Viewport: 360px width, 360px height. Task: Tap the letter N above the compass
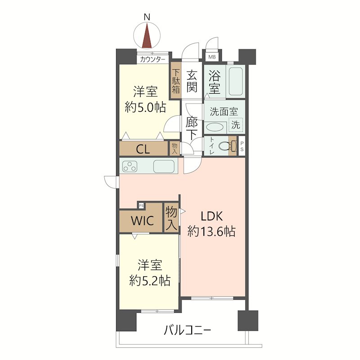click(147, 17)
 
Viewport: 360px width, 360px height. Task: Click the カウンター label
click(153, 60)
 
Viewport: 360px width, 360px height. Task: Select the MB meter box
click(212, 57)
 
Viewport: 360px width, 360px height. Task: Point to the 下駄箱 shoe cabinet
click(175, 81)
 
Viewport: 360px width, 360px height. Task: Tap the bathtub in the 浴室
click(235, 81)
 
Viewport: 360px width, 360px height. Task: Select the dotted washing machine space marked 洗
click(236, 125)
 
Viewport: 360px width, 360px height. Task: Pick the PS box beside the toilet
click(242, 146)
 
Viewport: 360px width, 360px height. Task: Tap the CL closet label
click(143, 149)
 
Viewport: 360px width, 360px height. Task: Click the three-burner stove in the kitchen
click(130, 166)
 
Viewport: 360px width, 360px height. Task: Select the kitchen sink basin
click(164, 166)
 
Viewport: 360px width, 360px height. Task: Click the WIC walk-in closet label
click(142, 220)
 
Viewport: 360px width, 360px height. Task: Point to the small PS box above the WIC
click(141, 205)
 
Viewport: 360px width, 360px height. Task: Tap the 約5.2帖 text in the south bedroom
click(150, 280)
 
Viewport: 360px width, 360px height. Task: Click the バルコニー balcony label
click(187, 331)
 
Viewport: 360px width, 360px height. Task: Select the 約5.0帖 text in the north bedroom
click(145, 107)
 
